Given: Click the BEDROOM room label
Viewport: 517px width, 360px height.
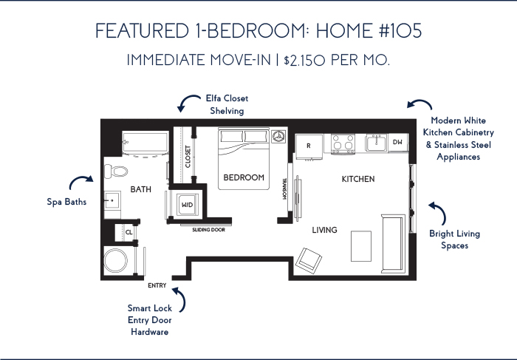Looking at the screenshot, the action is (x=244, y=177).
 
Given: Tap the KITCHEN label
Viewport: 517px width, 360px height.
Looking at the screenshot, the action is (x=358, y=179).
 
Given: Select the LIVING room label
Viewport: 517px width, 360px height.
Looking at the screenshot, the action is (x=324, y=230).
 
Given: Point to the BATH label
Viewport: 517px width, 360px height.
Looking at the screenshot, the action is (x=141, y=189).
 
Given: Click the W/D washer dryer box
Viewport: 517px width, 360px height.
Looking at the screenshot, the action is (x=188, y=205).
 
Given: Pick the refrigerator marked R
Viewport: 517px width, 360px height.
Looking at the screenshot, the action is (x=309, y=146).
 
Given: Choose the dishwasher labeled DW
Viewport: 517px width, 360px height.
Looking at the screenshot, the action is (x=398, y=142).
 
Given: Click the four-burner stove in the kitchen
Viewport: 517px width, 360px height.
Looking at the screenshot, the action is (x=343, y=144).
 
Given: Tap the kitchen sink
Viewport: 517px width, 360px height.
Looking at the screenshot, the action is (x=376, y=143).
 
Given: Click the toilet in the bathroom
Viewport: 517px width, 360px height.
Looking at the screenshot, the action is (x=116, y=171).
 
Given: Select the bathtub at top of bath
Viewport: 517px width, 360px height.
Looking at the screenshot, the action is (x=145, y=143).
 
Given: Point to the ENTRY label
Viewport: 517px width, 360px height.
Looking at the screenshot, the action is (x=157, y=285).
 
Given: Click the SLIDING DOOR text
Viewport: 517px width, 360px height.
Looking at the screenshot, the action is (x=209, y=230).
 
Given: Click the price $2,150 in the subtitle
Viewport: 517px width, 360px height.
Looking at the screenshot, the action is (x=304, y=61).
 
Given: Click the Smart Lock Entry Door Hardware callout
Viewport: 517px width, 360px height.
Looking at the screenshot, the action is (x=150, y=320).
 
